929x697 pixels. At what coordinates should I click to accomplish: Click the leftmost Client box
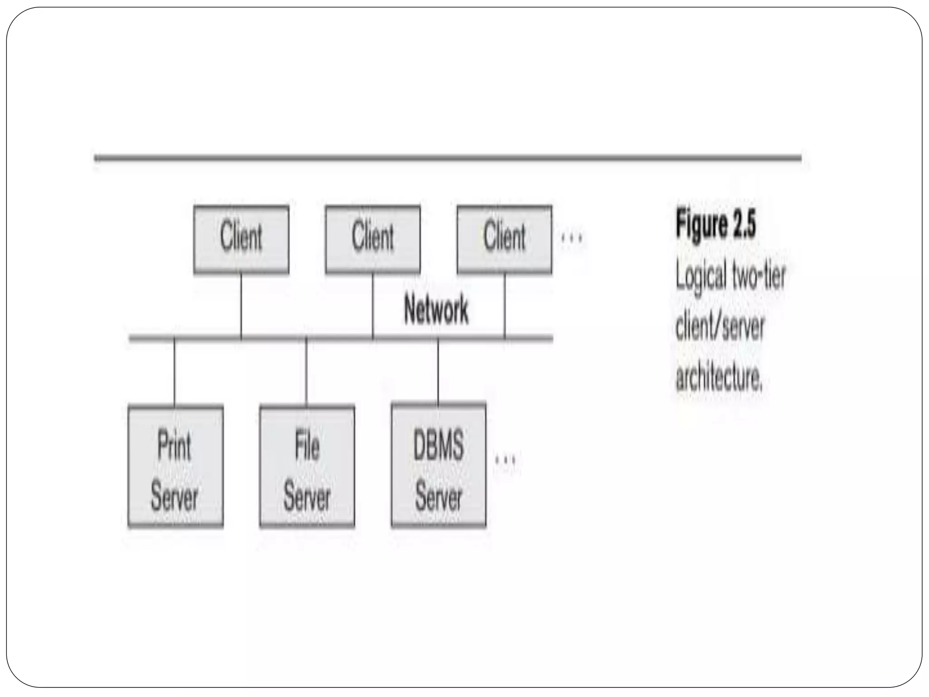(241, 239)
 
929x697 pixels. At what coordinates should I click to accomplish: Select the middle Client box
(372, 239)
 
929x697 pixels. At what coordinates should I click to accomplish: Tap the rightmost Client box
(504, 239)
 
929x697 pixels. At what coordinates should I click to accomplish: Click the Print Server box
(176, 466)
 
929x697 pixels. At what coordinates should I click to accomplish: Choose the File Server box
(307, 466)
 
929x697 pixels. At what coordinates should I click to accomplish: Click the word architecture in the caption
(719, 377)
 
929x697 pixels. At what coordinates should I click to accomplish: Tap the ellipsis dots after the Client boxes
(572, 238)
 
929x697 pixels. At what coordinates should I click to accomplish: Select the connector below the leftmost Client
(241, 305)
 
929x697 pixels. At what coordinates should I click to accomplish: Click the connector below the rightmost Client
(504, 305)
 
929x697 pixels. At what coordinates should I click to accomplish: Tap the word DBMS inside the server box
(438, 446)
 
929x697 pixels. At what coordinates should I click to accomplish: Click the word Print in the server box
(174, 446)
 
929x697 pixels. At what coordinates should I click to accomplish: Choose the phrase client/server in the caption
(720, 327)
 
